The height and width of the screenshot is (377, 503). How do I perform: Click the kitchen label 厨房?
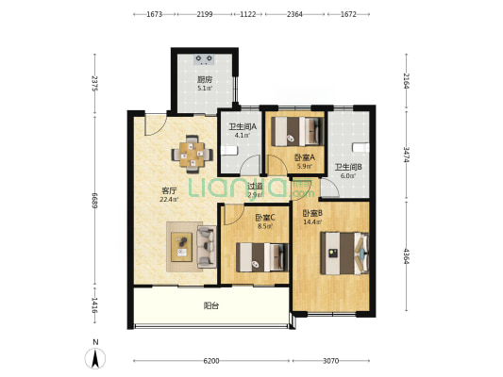[x=205, y=79]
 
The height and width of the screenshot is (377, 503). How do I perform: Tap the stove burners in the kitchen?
[x=205, y=59]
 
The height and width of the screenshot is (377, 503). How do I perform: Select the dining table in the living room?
[x=192, y=155]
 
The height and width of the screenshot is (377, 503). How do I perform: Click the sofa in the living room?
[x=207, y=246]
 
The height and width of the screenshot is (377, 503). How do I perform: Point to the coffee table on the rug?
[x=181, y=247]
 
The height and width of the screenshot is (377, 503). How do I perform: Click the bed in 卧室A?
[x=297, y=132]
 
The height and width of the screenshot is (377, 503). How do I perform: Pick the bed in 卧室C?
[x=262, y=257]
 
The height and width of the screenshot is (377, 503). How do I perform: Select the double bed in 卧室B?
[x=344, y=253]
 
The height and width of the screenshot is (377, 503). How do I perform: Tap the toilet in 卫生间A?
[x=229, y=150]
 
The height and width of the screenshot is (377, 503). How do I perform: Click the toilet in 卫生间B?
[x=360, y=147]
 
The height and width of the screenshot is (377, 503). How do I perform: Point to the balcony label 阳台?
[x=211, y=306]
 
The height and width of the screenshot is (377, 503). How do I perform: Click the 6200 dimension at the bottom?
[x=211, y=361]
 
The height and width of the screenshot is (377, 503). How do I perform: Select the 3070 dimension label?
[x=330, y=361]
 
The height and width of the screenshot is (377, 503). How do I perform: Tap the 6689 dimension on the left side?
[x=94, y=200]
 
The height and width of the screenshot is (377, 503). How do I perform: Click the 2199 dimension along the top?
[x=205, y=14]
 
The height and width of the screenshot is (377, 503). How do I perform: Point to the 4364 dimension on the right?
[x=407, y=256]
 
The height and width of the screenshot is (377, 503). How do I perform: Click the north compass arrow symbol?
[x=95, y=358]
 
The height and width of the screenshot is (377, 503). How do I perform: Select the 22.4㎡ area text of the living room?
[x=169, y=199]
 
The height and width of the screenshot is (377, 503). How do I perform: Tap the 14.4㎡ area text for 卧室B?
[x=312, y=221]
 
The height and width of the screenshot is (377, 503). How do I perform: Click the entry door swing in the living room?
[x=156, y=125]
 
